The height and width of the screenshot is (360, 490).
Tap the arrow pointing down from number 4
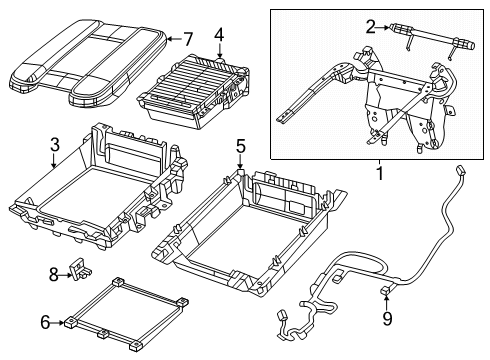(217, 49)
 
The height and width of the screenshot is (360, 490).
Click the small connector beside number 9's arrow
(384, 293)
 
